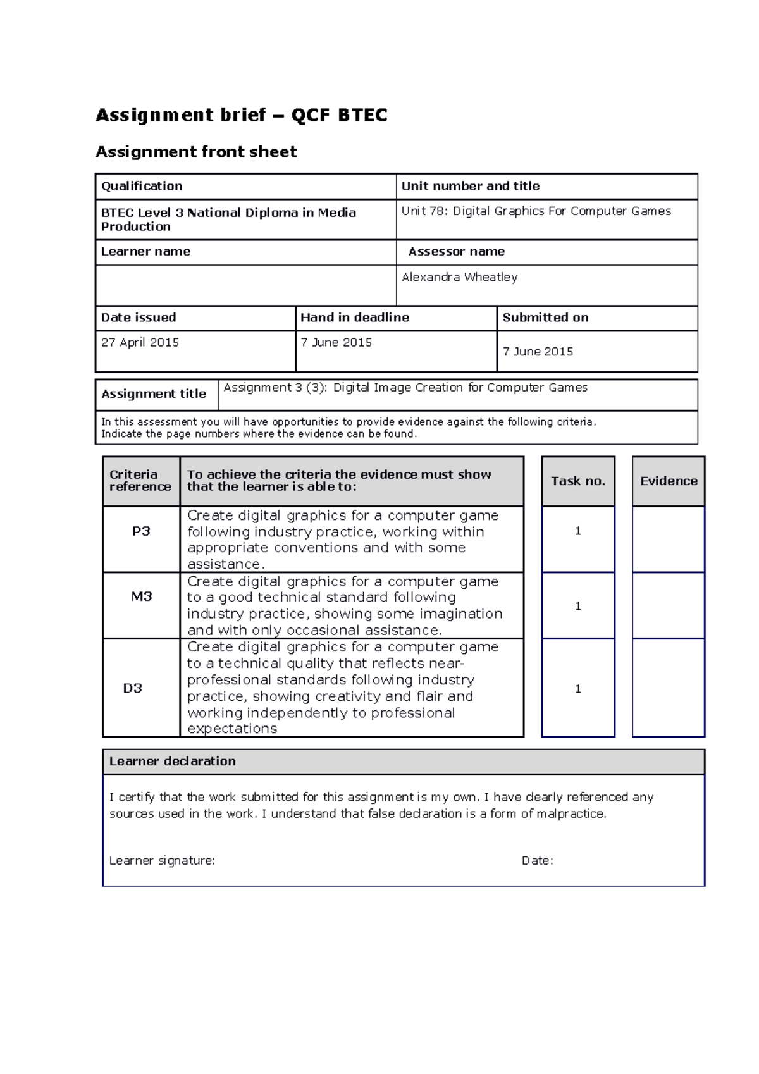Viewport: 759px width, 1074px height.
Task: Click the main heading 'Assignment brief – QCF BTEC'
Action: click(241, 115)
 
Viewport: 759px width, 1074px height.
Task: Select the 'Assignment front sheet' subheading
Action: click(196, 152)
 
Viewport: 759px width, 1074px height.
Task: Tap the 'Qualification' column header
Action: click(142, 186)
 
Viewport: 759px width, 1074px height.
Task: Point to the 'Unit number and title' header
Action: click(471, 186)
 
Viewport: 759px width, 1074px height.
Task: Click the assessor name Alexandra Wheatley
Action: click(460, 277)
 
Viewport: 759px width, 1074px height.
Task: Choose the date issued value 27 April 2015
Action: click(140, 342)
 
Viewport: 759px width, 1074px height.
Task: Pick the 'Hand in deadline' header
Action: click(355, 318)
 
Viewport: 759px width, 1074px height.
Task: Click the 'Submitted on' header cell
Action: click(545, 318)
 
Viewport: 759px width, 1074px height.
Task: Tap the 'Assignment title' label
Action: click(154, 394)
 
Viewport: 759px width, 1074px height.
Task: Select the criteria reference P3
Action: click(141, 531)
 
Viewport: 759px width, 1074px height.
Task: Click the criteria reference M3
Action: click(141, 596)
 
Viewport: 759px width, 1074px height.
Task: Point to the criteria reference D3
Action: click(132, 688)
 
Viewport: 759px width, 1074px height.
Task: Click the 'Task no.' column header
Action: click(578, 481)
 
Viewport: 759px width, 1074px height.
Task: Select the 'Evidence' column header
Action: click(669, 481)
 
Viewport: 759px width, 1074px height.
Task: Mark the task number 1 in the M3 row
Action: click(578, 606)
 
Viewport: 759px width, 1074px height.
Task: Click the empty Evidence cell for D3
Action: click(669, 688)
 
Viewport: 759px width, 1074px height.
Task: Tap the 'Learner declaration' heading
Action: click(172, 762)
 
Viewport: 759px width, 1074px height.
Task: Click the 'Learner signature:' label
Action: click(162, 861)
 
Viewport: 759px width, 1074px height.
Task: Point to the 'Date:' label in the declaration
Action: click(537, 861)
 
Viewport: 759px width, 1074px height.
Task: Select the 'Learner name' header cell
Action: click(145, 252)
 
